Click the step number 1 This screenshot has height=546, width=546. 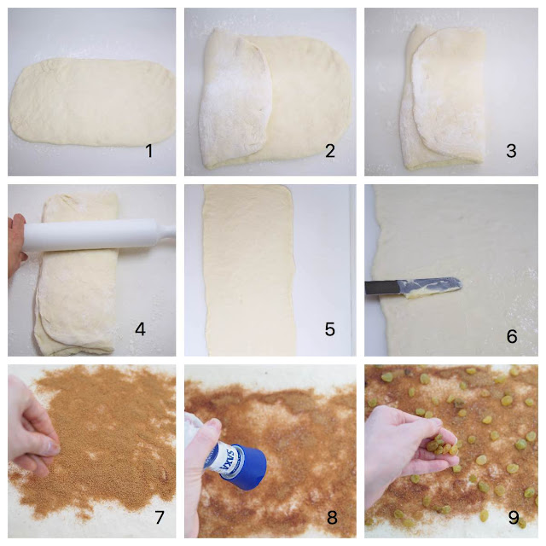tap(149, 151)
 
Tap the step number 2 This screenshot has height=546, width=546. tap(330, 151)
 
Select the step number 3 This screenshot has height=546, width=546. tap(511, 151)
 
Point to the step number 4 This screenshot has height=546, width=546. tap(140, 329)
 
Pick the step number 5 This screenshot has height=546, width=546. tap(330, 329)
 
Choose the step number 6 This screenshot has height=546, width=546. tap(512, 336)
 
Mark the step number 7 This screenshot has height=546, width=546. tap(160, 517)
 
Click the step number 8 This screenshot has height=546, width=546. tap(332, 518)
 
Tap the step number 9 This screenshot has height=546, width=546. tap(514, 518)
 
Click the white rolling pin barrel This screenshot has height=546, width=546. tap(91, 235)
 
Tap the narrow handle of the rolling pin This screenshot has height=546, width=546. tap(167, 232)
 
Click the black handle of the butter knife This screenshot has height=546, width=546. tap(381, 288)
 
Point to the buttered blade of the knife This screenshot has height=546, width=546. tap(430, 288)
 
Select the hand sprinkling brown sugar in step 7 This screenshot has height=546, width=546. tap(32, 438)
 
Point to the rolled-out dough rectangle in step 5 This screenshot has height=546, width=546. tap(249, 270)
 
